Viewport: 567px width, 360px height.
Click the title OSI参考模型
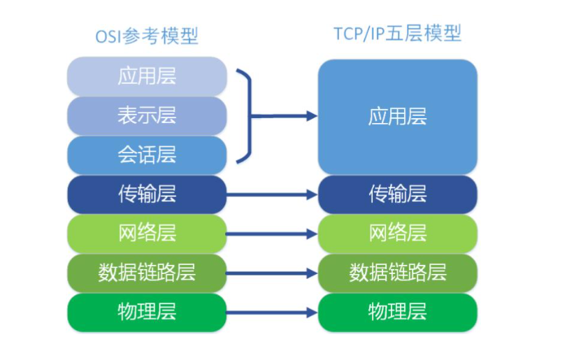click(147, 36)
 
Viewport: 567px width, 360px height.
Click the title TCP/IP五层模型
click(397, 34)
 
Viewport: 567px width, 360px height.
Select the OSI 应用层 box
click(147, 76)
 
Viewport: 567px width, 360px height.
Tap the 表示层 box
click(147, 115)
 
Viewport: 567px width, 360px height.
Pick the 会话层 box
click(147, 155)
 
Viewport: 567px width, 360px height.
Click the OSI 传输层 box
click(147, 194)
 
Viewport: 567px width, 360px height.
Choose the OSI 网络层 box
click(147, 234)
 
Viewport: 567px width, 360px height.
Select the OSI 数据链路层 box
click(147, 273)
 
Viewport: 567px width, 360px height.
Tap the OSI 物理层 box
click(147, 312)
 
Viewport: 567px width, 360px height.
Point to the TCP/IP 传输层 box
click(397, 194)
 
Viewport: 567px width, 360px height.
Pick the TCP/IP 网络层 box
click(397, 234)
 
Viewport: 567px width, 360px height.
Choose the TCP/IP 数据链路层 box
click(397, 273)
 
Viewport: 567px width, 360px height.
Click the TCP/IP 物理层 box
click(397, 312)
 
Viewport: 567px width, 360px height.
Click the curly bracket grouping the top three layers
click(250, 116)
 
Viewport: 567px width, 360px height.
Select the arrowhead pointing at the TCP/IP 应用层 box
click(312, 116)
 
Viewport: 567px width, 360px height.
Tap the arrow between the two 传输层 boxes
click(272, 195)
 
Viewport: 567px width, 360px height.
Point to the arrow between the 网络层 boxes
click(272, 234)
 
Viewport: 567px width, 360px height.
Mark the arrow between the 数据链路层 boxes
click(272, 273)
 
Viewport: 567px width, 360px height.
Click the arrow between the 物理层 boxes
click(272, 312)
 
